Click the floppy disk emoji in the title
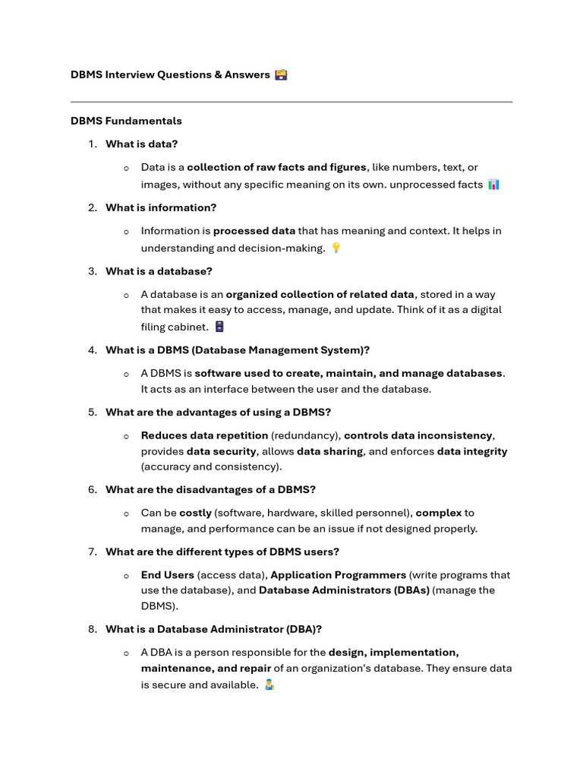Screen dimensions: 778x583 [x=281, y=74]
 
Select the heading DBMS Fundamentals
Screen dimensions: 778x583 [x=126, y=121]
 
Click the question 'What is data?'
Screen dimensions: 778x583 [x=141, y=144]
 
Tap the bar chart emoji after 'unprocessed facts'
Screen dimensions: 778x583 [x=493, y=185]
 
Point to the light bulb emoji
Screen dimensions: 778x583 [x=336, y=248]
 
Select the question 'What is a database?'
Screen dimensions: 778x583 [x=159, y=271]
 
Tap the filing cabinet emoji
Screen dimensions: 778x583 [x=219, y=327]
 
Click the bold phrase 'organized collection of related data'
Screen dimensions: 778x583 [x=320, y=294]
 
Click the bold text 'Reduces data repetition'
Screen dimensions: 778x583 [x=204, y=435]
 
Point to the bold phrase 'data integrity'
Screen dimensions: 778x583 [x=471, y=451]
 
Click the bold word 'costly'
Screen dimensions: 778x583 [x=195, y=513]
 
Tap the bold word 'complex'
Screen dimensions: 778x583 [x=438, y=513]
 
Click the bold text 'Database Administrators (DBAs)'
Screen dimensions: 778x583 [x=344, y=590]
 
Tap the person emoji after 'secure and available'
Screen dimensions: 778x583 [x=269, y=685]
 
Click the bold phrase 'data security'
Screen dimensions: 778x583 [x=222, y=451]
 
